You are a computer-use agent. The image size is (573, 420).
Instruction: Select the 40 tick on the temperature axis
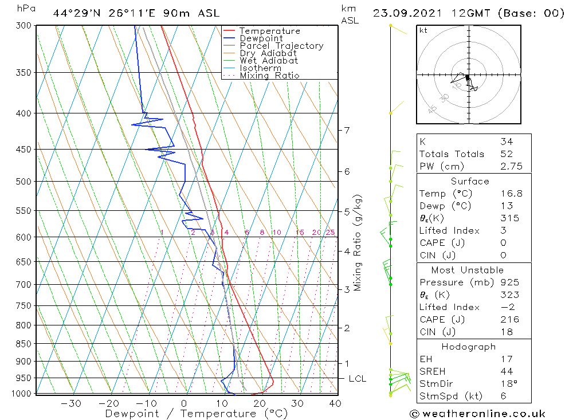click(x=335, y=403)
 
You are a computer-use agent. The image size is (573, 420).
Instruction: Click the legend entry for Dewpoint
click(x=261, y=38)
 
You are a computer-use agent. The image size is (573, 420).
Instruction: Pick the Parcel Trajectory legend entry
click(x=281, y=46)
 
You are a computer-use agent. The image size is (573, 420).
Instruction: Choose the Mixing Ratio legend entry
click(x=269, y=76)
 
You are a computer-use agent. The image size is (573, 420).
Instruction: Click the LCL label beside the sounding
click(x=357, y=379)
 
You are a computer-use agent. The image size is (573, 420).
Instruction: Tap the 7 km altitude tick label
click(x=347, y=130)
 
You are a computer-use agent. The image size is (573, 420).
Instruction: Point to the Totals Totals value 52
click(x=507, y=154)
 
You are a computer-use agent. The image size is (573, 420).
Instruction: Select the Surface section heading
click(x=470, y=182)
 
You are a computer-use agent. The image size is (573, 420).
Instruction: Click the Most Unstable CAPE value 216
click(x=509, y=320)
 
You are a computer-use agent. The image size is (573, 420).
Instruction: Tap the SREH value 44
click(x=507, y=371)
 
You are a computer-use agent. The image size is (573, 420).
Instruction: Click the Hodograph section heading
click(x=469, y=347)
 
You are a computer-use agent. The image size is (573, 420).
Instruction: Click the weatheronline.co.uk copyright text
click(x=478, y=414)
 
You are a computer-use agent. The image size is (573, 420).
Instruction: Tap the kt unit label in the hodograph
click(x=423, y=30)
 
